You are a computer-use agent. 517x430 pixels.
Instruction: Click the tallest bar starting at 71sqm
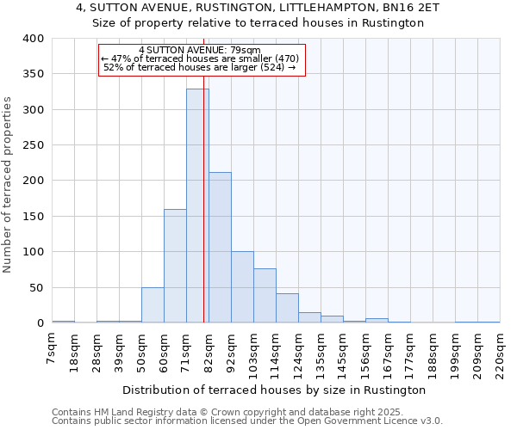197,206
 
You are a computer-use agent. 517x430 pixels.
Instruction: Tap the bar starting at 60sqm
175,266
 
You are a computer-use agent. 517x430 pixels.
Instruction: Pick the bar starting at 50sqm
153,305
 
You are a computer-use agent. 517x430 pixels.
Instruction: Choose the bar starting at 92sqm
242,287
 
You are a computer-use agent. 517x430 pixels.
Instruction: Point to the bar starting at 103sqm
265,296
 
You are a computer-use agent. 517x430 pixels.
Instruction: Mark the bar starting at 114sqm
287,308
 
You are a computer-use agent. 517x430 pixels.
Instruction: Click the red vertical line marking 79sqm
204,172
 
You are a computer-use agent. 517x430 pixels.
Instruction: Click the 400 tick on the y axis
33,39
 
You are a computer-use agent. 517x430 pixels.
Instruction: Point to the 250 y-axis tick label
33,145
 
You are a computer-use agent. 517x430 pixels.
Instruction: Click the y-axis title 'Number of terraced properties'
8,184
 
